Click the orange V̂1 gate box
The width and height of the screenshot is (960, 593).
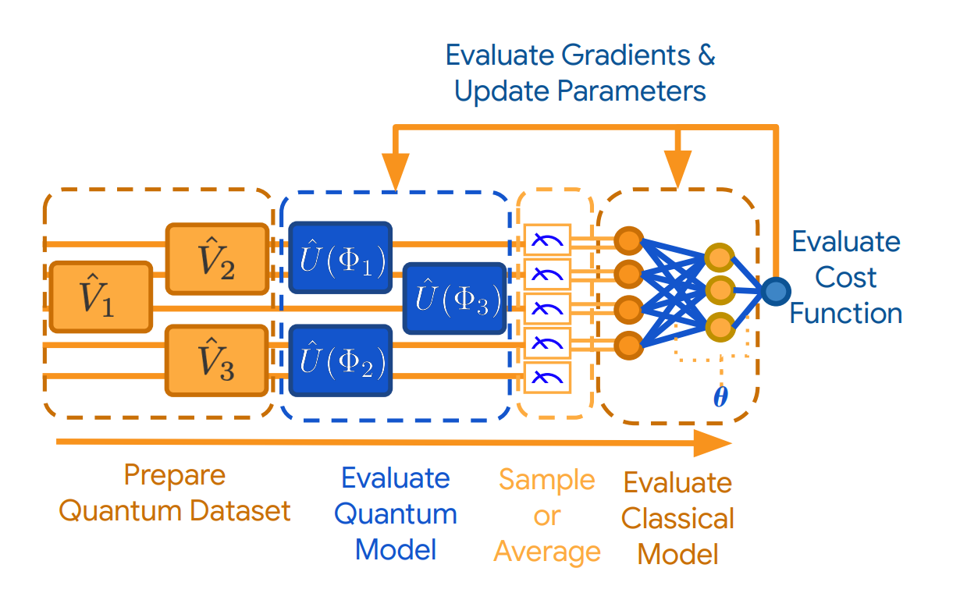(101, 297)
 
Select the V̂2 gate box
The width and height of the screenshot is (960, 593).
(218, 259)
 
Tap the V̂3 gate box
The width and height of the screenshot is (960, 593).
(217, 360)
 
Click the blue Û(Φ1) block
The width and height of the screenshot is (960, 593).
(341, 257)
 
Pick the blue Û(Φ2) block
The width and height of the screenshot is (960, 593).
(341, 360)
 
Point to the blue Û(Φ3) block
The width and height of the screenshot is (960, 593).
(455, 299)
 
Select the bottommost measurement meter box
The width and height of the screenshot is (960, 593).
(547, 378)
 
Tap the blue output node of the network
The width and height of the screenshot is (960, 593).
(776, 291)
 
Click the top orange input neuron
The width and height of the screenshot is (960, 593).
(629, 241)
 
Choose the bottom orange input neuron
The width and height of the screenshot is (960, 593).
(629, 346)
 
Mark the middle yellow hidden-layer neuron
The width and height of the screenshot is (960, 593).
(720, 290)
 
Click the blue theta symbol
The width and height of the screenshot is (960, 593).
(720, 396)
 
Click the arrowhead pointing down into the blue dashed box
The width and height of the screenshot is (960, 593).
(395, 172)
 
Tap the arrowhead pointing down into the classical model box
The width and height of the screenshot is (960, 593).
(677, 169)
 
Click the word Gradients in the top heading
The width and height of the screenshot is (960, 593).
(626, 55)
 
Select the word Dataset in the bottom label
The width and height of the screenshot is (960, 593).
(240, 511)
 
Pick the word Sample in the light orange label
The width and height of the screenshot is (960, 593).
(547, 481)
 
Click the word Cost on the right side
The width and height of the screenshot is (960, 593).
(845, 277)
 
